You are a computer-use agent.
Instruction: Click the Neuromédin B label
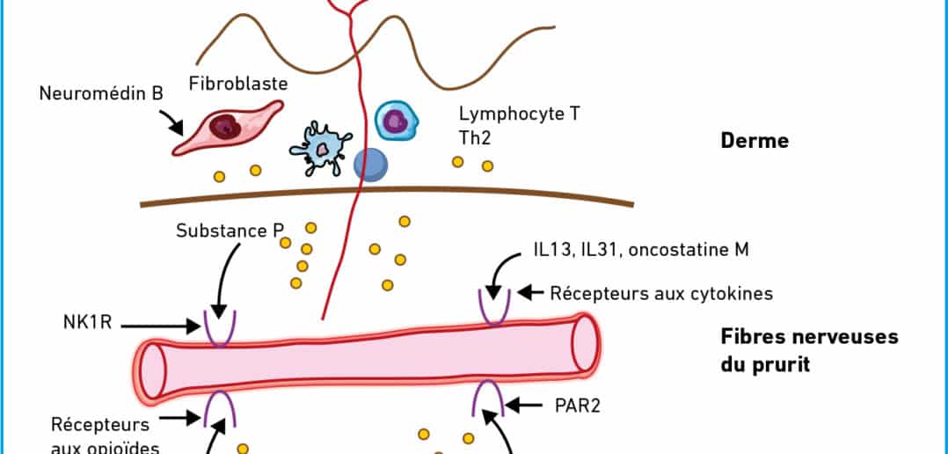101,92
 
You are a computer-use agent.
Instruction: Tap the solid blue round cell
370,165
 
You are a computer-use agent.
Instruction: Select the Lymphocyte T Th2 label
519,127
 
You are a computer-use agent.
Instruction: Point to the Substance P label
230,231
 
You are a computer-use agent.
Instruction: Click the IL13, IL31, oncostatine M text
640,250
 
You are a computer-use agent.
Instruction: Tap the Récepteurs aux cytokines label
661,293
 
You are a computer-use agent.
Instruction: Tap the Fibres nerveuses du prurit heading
809,349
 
